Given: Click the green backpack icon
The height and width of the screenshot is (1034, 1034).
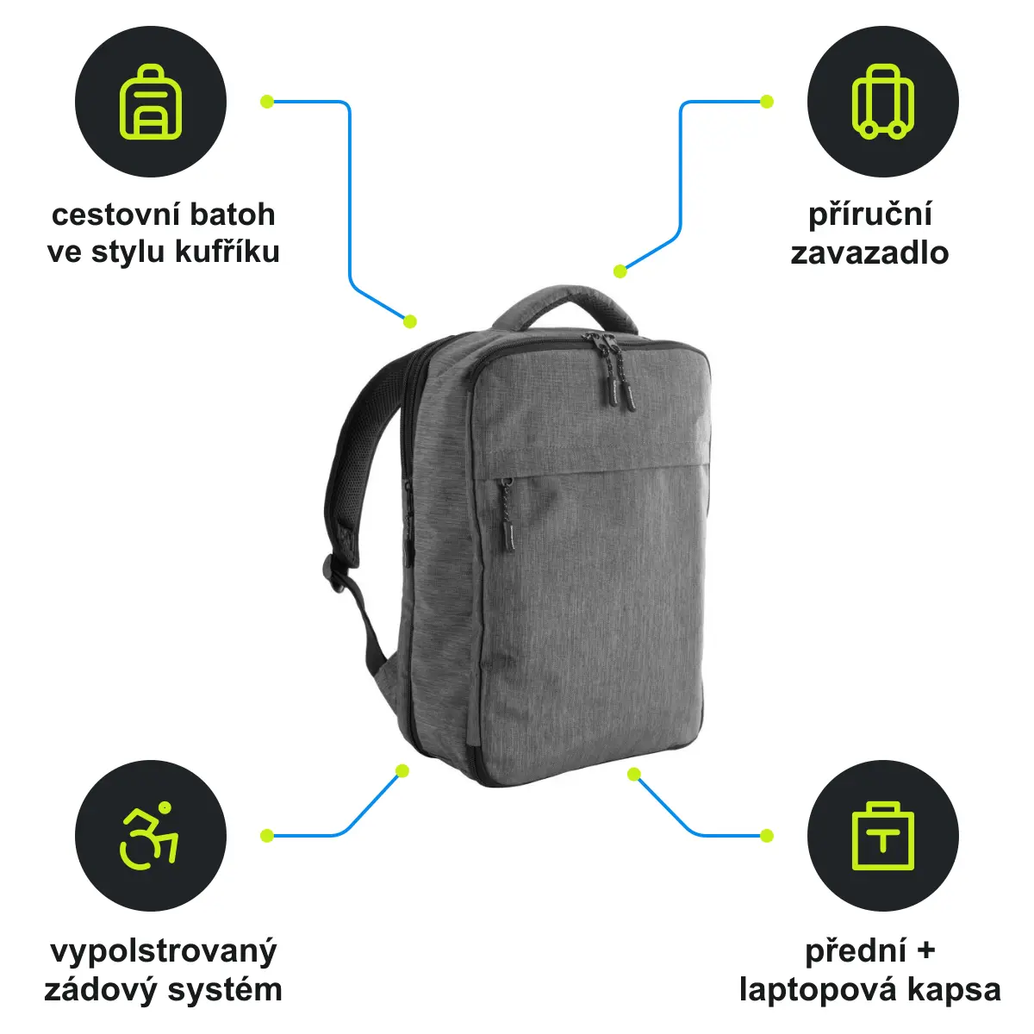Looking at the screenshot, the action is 150,102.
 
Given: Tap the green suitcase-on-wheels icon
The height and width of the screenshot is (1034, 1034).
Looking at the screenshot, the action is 882,102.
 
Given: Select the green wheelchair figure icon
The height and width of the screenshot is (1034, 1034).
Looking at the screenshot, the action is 148,836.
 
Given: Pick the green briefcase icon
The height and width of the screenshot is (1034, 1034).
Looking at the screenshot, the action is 882,836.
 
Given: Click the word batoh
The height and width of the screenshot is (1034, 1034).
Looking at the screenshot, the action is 233,215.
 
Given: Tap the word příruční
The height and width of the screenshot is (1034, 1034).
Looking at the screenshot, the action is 869,215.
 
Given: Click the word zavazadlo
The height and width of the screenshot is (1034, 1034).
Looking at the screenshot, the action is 869,252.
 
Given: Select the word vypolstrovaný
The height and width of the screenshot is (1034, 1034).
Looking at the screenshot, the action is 164,951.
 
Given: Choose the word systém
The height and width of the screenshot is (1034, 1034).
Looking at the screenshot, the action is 225,989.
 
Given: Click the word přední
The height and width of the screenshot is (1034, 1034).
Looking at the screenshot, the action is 856,951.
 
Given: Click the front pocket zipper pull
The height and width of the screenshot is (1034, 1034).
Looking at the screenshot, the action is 507,515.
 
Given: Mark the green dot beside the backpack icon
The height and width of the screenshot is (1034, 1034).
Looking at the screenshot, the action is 267,102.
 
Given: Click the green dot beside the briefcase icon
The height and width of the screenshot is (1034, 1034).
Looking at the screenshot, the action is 767,836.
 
